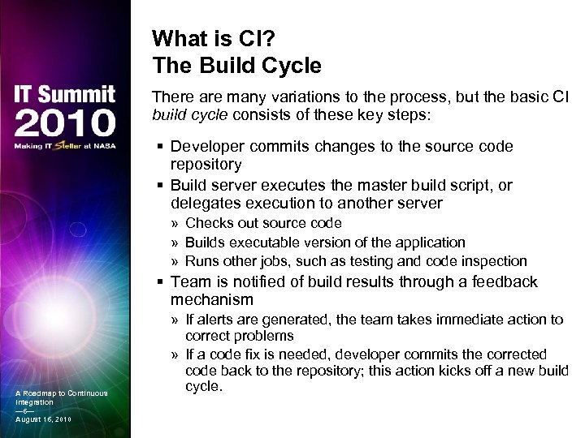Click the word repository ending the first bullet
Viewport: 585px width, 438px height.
point(206,165)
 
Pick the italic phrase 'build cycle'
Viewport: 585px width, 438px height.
point(191,114)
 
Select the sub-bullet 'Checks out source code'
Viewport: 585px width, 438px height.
point(262,222)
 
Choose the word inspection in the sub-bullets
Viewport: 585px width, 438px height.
point(494,261)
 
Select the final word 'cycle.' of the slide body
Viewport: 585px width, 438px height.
point(203,386)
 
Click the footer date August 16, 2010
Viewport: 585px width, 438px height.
point(42,419)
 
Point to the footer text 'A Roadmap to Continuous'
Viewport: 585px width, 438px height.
point(61,394)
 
